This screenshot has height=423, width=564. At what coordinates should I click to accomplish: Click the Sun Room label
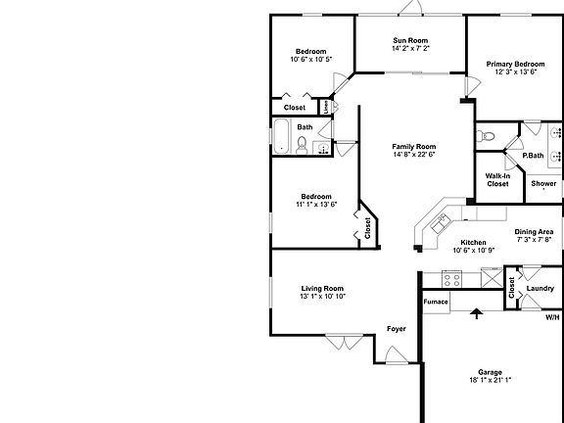[410, 40]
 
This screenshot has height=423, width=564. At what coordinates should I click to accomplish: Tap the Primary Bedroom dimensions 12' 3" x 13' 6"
[516, 72]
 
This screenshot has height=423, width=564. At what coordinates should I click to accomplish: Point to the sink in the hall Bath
[321, 148]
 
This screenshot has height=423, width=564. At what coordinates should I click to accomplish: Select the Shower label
[543, 184]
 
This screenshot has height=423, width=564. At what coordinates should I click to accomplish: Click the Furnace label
[436, 302]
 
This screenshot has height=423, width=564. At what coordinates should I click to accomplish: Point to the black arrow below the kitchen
[477, 313]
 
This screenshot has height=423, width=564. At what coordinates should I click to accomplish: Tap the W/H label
[552, 317]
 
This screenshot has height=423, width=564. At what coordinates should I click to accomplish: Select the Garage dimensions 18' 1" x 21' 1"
[491, 380]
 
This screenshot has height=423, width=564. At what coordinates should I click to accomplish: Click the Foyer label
[396, 329]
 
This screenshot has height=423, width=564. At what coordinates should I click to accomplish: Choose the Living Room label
[322, 288]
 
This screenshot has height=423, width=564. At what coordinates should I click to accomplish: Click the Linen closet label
[325, 107]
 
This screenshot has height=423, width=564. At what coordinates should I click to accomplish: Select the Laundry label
[540, 288]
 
